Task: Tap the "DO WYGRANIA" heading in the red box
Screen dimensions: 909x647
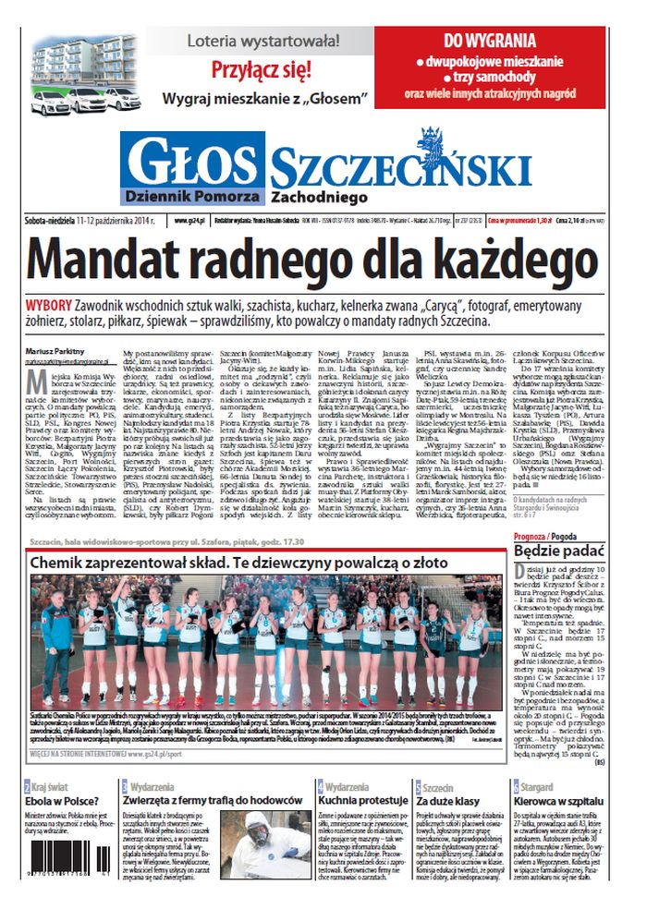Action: [x=489, y=41]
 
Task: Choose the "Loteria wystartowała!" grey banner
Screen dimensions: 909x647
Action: [x=264, y=41]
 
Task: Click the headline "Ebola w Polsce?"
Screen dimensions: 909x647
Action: [x=63, y=802]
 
